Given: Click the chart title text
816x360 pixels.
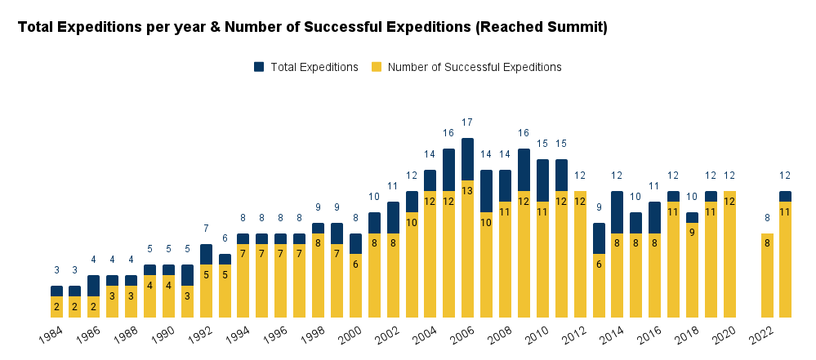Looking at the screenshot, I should pyautogui.click(x=312, y=27).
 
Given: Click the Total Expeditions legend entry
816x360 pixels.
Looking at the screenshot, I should pyautogui.click(x=314, y=67).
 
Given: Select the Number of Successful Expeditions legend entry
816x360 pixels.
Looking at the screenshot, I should pyautogui.click(x=474, y=67).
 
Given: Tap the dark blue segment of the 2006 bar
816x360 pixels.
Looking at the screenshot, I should pyautogui.click(x=467, y=159).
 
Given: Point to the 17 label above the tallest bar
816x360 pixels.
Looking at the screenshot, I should pyautogui.click(x=467, y=122).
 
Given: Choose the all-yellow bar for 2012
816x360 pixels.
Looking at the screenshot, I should pyautogui.click(x=580, y=254).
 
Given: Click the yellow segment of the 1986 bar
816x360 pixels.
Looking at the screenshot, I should pyautogui.click(x=94, y=307).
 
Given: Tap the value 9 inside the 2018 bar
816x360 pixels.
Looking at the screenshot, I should pyautogui.click(x=692, y=232).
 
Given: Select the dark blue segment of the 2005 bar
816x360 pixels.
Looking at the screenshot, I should pyautogui.click(x=448, y=170).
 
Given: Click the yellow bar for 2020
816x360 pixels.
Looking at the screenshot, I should pyautogui.click(x=729, y=254).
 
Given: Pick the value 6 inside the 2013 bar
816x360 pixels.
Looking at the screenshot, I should pyautogui.click(x=599, y=264).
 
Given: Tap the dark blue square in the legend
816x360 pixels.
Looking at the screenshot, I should pyautogui.click(x=259, y=67).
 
